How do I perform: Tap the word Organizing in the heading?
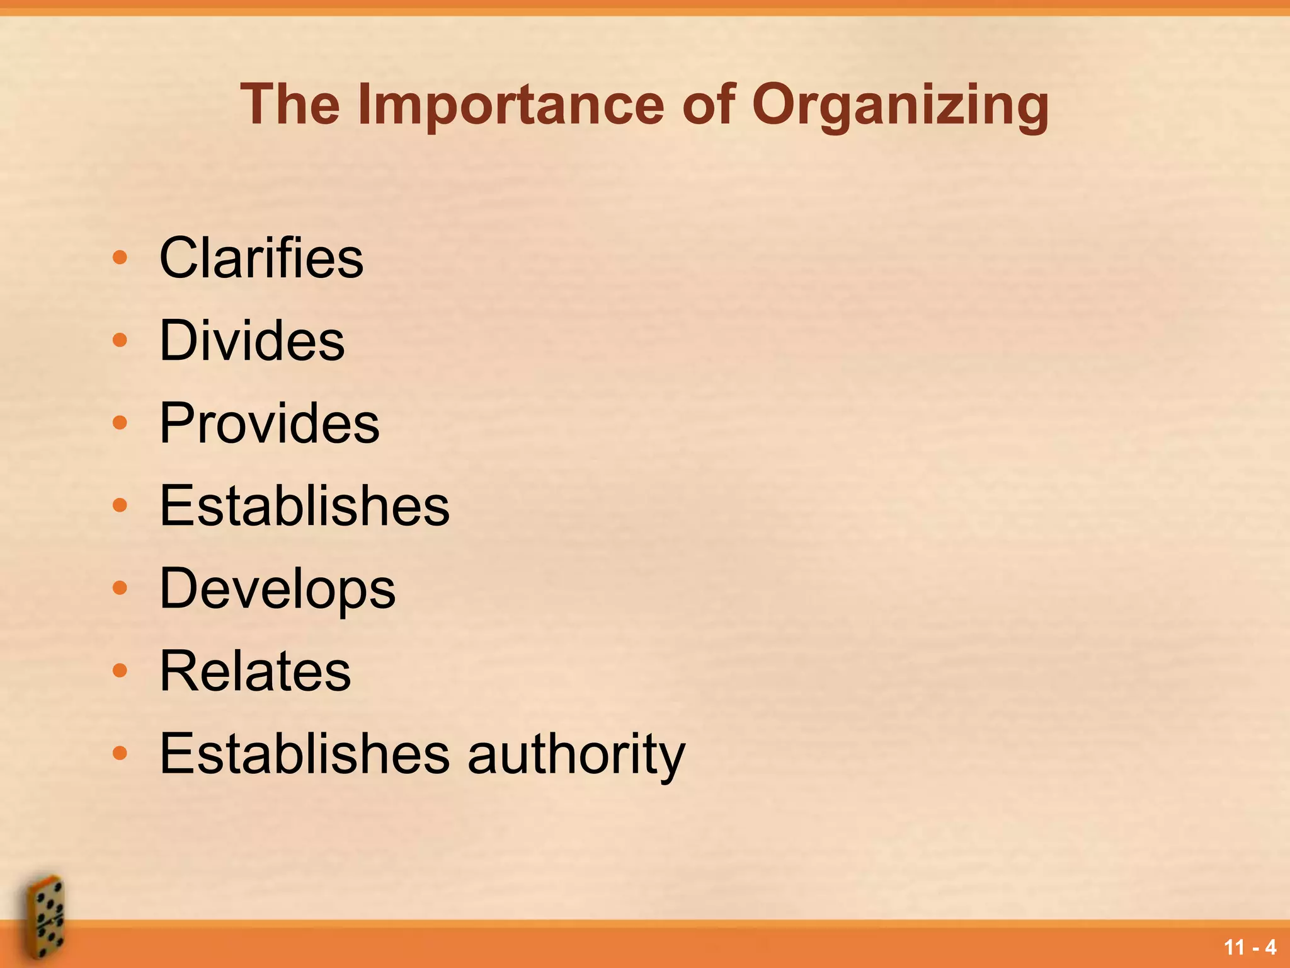coord(900,105)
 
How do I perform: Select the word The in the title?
coord(290,105)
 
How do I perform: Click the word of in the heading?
coord(708,105)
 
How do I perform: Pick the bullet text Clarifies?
coord(261,258)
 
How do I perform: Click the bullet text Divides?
coord(252,340)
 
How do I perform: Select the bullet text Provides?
coord(270,423)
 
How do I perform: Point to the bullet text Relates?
coord(255,671)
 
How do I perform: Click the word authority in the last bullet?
coord(576,754)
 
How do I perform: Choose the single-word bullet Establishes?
coord(305,505)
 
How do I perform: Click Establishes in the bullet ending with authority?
coord(305,754)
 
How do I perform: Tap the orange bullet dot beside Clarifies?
coord(120,258)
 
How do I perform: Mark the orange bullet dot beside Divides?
coord(120,340)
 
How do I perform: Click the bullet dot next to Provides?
coord(120,423)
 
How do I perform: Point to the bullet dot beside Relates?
coord(120,671)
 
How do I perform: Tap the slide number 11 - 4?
coord(1250,947)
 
